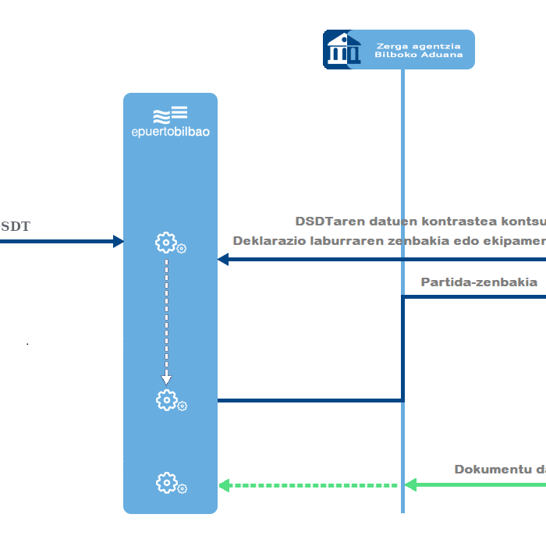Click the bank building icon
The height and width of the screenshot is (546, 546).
click(342, 49)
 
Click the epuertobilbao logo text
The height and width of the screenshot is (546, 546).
click(170, 132)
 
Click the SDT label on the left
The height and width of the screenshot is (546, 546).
click(15, 227)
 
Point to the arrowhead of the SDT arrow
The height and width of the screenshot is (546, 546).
click(119, 241)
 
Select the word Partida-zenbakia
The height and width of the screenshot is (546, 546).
click(479, 282)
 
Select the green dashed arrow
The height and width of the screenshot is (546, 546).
click(312, 485)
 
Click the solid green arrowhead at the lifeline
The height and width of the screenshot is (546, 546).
click(409, 485)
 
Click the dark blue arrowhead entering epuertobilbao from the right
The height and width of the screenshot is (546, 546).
click(222, 260)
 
